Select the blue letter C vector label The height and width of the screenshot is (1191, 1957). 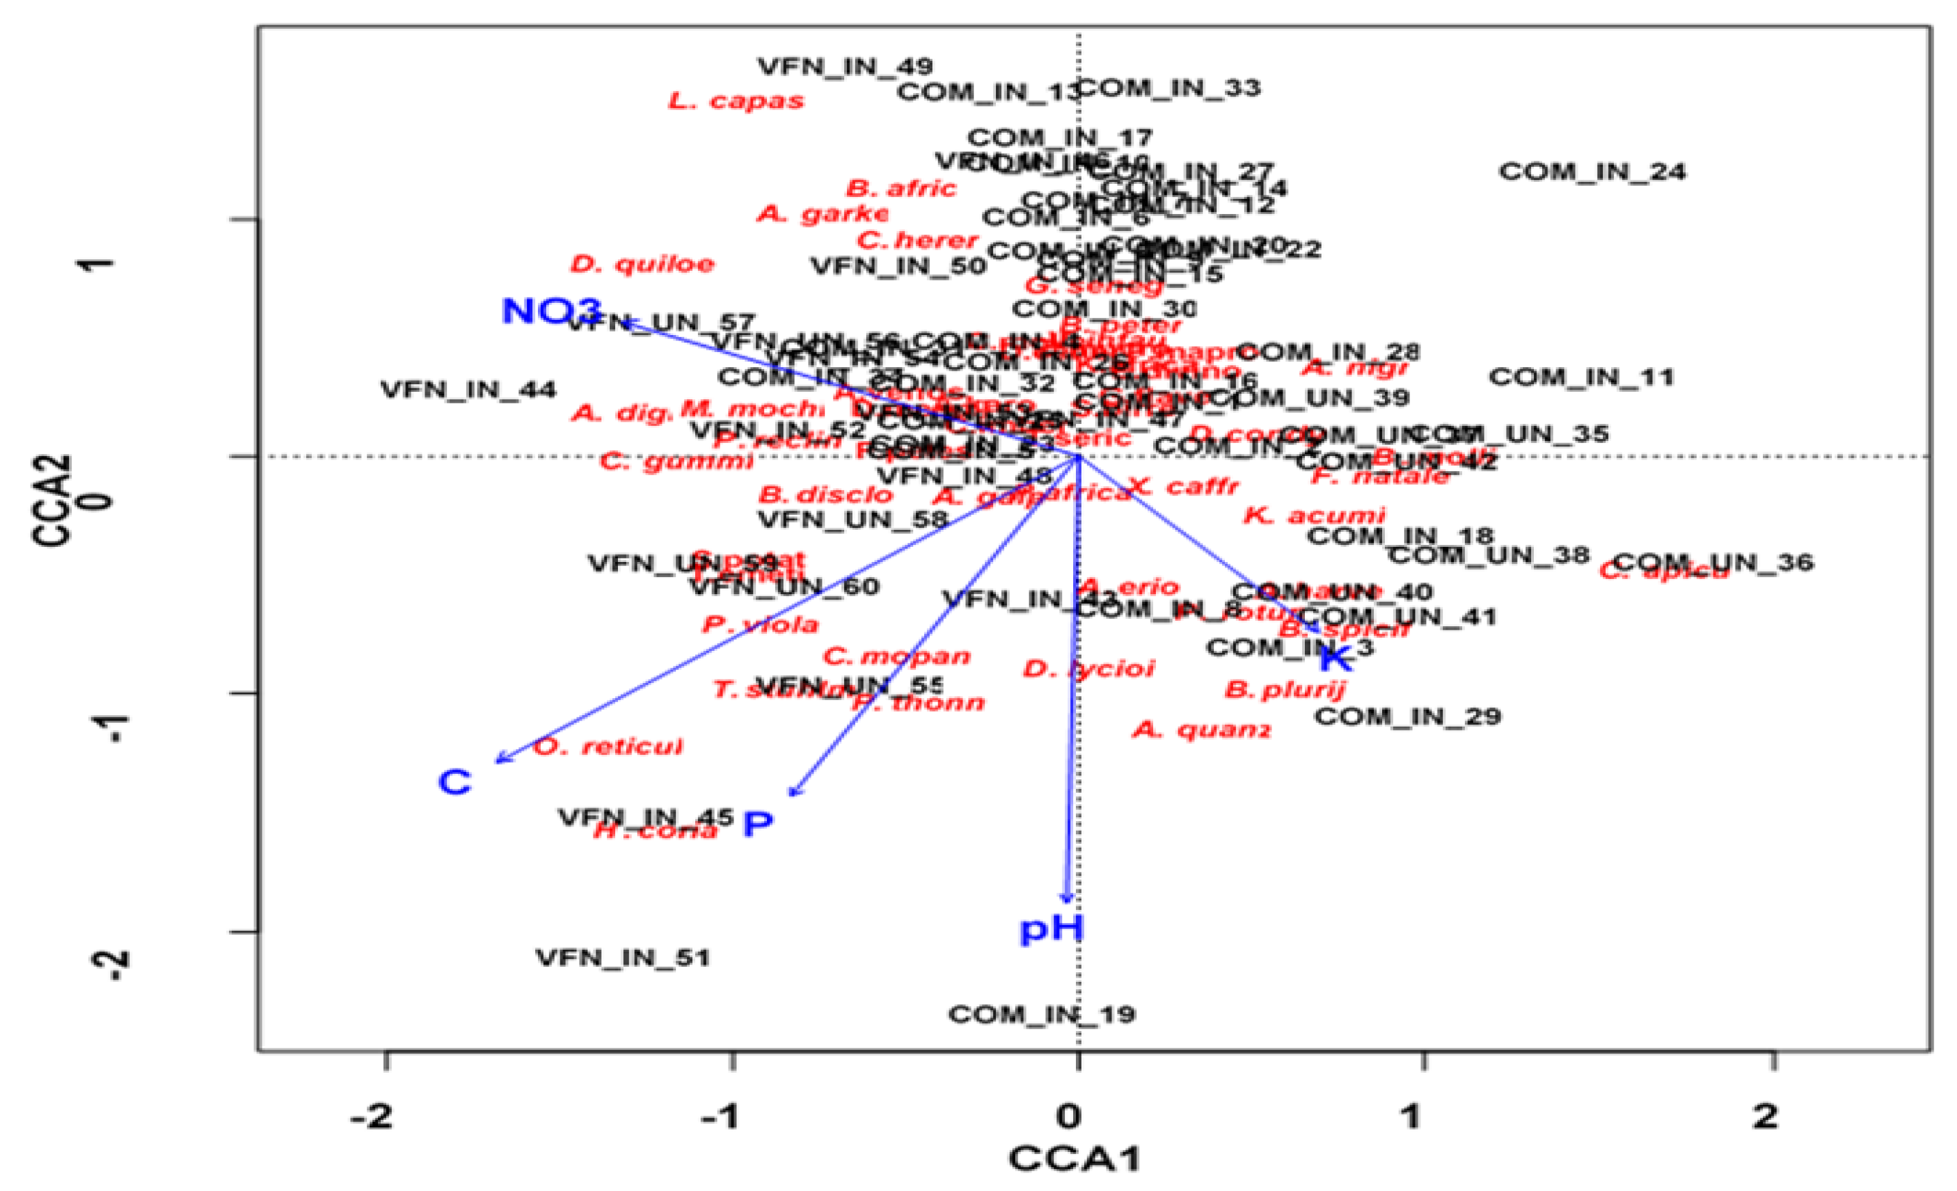click(x=455, y=783)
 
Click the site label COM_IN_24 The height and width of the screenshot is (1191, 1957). click(x=1593, y=172)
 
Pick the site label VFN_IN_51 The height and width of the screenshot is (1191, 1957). click(x=623, y=957)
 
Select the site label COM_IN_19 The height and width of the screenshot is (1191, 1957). click(x=1041, y=1015)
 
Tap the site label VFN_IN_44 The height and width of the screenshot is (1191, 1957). click(x=469, y=390)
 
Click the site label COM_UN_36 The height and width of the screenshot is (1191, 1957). click(x=1713, y=563)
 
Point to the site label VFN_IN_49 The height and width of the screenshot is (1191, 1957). click(x=845, y=66)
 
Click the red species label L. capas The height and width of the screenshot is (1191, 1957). click(x=736, y=101)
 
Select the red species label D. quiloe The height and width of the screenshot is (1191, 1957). click(x=643, y=264)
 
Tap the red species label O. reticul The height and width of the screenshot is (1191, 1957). click(x=608, y=747)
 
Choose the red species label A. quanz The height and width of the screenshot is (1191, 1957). click(x=1201, y=730)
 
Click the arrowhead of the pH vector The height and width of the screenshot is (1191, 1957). click(x=1068, y=900)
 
